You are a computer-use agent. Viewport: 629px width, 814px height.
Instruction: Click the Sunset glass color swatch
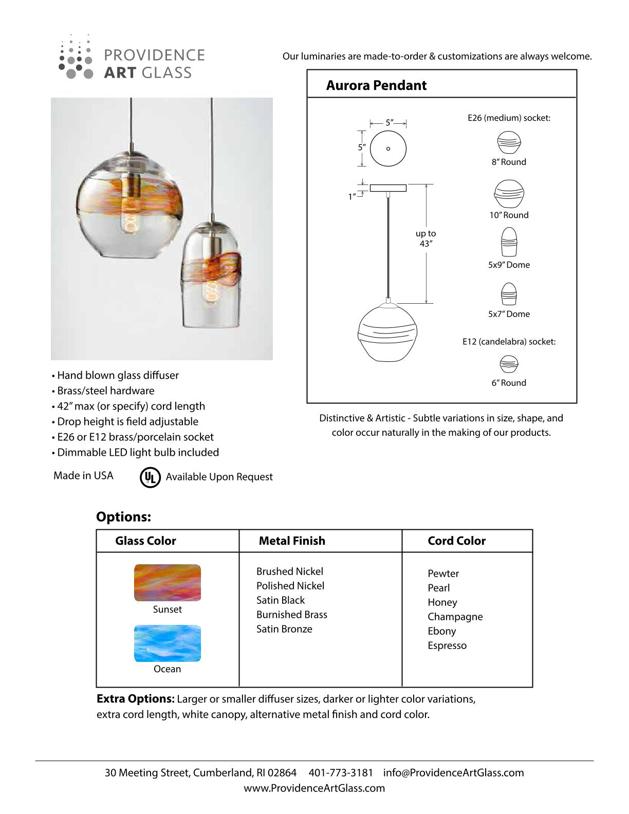click(x=168, y=583)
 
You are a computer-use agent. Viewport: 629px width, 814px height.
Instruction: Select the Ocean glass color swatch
click(x=168, y=643)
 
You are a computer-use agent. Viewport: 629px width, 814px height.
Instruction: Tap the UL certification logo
click(x=150, y=477)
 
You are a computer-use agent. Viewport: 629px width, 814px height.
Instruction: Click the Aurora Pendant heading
click(x=376, y=85)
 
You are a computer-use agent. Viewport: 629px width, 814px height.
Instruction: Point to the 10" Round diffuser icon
click(x=509, y=194)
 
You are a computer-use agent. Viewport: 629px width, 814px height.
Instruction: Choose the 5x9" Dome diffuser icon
click(x=509, y=242)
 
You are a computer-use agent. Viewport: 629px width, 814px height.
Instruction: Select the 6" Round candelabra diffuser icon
click(x=509, y=364)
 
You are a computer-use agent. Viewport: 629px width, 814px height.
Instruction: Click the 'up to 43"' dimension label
click(x=425, y=238)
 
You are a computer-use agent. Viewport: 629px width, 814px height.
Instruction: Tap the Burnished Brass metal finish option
click(x=292, y=615)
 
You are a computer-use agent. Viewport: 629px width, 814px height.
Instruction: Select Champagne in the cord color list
click(x=455, y=617)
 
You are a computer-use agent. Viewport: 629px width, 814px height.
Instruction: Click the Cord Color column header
click(x=456, y=541)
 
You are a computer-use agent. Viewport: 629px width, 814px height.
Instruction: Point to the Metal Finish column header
click(x=292, y=541)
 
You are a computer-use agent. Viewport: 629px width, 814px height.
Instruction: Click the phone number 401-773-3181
click(x=341, y=772)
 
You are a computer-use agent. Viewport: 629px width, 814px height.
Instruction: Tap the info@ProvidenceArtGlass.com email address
click(x=453, y=772)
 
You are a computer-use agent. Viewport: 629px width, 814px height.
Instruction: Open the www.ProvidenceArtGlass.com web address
click(x=314, y=788)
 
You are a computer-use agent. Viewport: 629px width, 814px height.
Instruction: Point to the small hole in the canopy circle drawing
click(x=388, y=149)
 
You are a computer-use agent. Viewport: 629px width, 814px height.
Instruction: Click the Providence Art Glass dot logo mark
click(x=76, y=58)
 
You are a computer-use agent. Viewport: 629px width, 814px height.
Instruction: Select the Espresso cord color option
click(x=447, y=645)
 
